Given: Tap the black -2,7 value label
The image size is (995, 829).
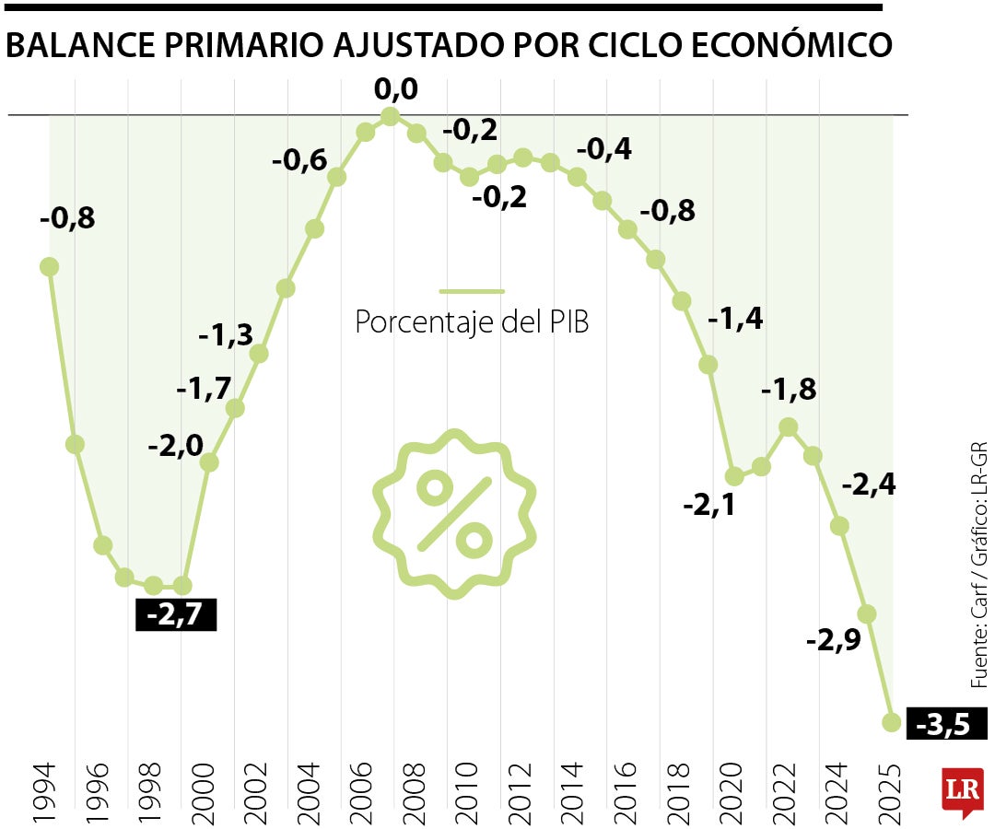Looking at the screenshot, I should point(176,614).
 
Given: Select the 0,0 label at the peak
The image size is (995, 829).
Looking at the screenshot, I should point(396,90).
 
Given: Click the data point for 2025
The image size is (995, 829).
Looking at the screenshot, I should point(891,722).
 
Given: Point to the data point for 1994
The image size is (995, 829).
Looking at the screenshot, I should point(50,266).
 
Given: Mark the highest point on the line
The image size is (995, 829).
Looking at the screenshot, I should point(390,116).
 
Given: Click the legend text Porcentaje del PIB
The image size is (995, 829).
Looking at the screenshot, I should point(472,323).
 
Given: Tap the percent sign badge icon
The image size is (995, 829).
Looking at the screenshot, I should point(454,514).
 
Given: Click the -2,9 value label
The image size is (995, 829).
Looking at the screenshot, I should point(833,640).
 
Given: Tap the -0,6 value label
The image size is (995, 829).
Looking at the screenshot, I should point(298,160).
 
